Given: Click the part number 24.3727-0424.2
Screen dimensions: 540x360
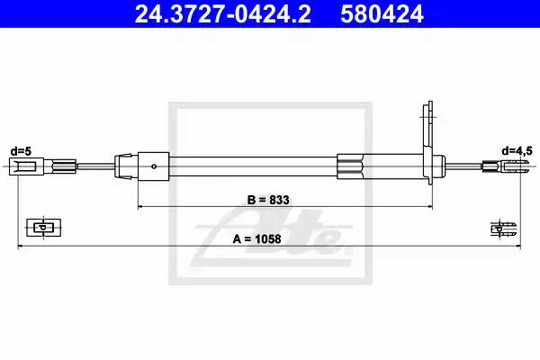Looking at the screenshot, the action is tap(222, 13).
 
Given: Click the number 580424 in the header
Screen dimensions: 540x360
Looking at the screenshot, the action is tap(382, 13).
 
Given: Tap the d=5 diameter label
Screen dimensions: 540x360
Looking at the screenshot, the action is tap(21, 151).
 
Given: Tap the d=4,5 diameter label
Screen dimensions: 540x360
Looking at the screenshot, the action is tap(517, 151).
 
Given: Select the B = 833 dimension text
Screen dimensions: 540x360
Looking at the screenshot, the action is tap(268, 200).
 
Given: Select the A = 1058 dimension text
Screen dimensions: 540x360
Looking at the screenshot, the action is tap(256, 238).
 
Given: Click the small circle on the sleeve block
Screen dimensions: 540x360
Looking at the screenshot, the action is tap(154, 166).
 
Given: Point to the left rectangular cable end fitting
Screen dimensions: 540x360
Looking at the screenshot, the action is tap(26, 166).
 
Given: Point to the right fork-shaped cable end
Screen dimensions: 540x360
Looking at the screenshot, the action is tap(512, 166).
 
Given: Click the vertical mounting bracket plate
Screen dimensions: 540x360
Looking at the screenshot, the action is tap(428, 142).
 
